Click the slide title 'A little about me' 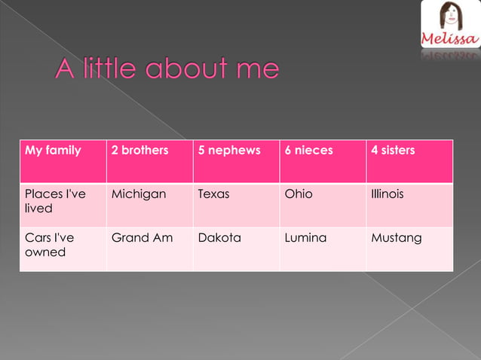(x=167, y=70)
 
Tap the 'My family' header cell (x=53, y=151)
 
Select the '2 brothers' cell (x=139, y=151)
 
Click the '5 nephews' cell (x=229, y=151)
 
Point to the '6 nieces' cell (x=308, y=151)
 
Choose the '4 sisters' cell (x=393, y=151)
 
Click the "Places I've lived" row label (x=55, y=200)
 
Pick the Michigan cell (x=139, y=194)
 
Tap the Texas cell (x=213, y=194)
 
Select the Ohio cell (x=299, y=194)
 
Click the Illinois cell (x=388, y=194)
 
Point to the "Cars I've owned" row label (x=50, y=245)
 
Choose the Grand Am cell (x=142, y=238)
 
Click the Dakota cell (x=219, y=238)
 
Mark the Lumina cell (x=305, y=238)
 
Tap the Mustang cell (x=397, y=238)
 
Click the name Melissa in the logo (x=449, y=38)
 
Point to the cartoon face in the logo (x=450, y=16)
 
